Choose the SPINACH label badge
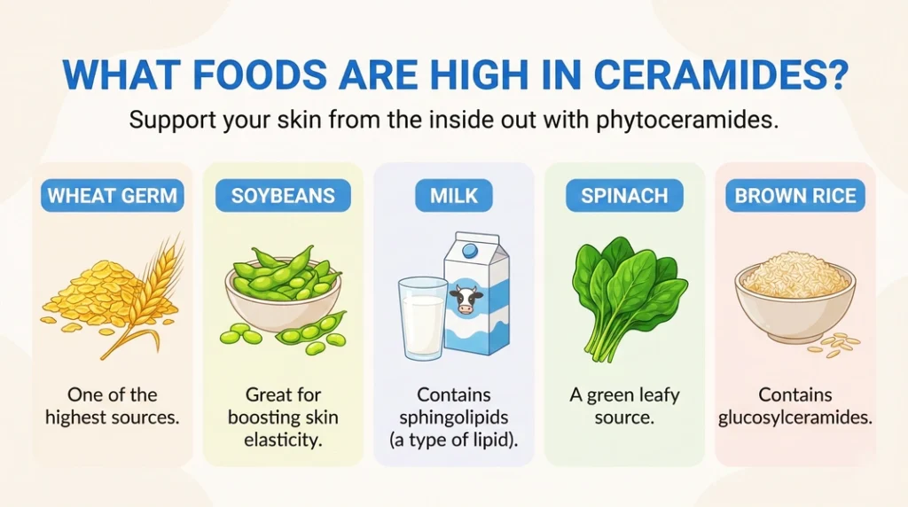click(624, 196)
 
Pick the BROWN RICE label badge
click(795, 196)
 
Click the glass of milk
click(423, 317)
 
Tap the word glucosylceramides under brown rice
click(794, 417)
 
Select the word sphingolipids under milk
click(453, 417)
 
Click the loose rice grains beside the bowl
click(837, 346)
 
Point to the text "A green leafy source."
click(624, 406)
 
